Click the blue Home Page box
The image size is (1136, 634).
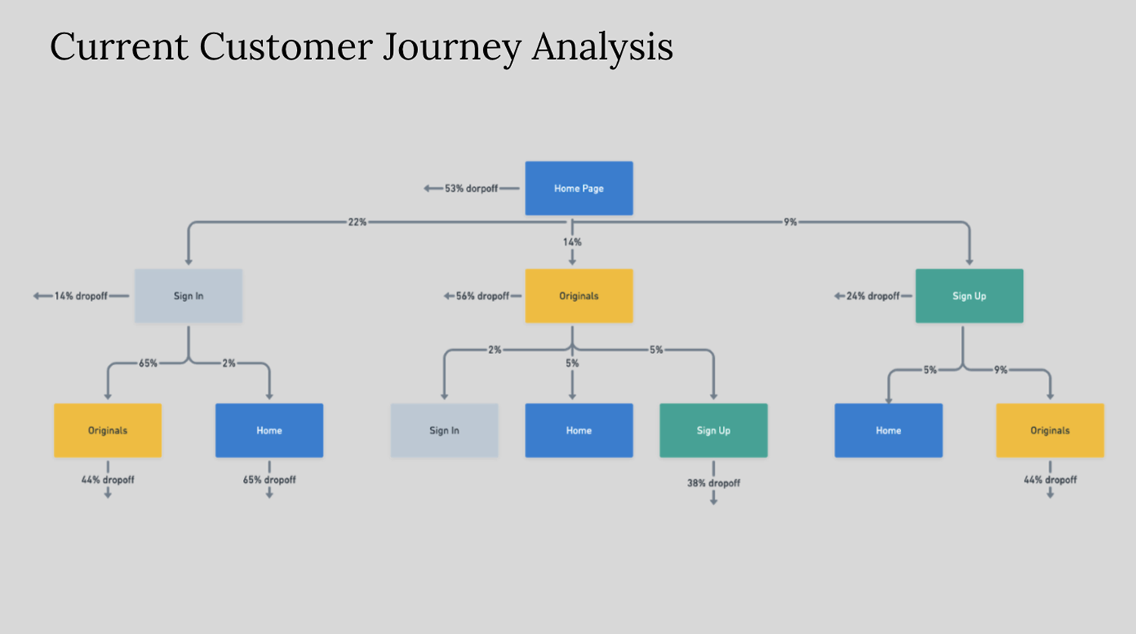point(579,188)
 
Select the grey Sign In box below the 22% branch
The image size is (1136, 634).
point(189,296)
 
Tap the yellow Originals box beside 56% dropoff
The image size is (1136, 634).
point(579,296)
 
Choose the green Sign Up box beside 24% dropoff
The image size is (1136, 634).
point(969,296)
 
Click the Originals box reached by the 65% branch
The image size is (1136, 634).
point(108,430)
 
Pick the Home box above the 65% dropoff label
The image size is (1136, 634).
point(269,430)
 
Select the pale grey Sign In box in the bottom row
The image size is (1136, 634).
point(444,430)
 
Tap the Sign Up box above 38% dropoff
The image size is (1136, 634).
point(713,430)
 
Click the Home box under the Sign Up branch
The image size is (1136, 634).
point(888,430)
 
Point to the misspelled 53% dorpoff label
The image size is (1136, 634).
point(471,188)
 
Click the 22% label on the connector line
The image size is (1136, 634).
point(357,222)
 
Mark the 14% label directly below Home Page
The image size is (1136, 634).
point(572,242)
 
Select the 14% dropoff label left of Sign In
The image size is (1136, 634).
point(81,296)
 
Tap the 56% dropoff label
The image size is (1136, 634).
point(482,296)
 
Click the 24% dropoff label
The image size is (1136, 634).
point(873,296)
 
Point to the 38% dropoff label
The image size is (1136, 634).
point(713,483)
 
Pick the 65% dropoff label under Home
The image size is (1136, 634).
point(269,480)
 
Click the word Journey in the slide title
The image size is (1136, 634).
point(451,47)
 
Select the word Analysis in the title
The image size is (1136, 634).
point(602,47)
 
